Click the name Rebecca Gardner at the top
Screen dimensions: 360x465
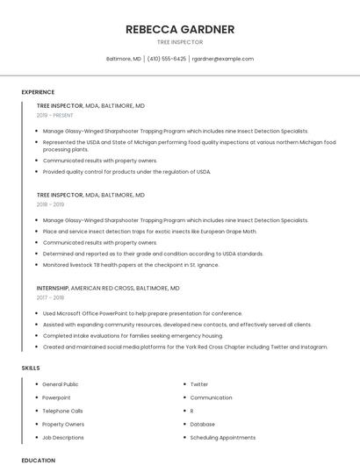(179, 29)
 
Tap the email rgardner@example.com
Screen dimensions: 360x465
(222, 59)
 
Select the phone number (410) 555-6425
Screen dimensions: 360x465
(167, 59)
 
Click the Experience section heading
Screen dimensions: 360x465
(38, 92)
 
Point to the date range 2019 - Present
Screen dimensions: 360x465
(54, 115)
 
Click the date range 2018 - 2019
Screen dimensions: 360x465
(52, 205)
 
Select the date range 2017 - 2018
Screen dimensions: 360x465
(52, 297)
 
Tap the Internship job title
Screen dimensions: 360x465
(52, 288)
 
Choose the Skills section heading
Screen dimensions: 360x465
(31, 368)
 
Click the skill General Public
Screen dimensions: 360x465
(60, 384)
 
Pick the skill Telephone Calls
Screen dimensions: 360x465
(62, 411)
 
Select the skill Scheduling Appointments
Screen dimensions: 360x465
(222, 437)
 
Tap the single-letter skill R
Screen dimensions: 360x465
(191, 411)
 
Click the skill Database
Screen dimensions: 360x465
(202, 424)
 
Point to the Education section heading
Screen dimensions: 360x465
(38, 460)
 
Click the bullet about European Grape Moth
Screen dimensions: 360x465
(149, 231)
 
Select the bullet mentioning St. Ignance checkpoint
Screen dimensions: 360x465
(129, 264)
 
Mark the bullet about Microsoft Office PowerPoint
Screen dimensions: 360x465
(142, 313)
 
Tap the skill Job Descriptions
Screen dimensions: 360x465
(63, 437)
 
